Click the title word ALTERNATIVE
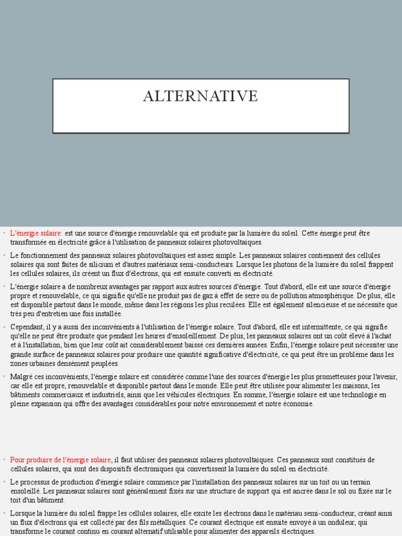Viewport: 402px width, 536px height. click(x=201, y=96)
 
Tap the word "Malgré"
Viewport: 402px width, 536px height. click(x=21, y=377)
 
